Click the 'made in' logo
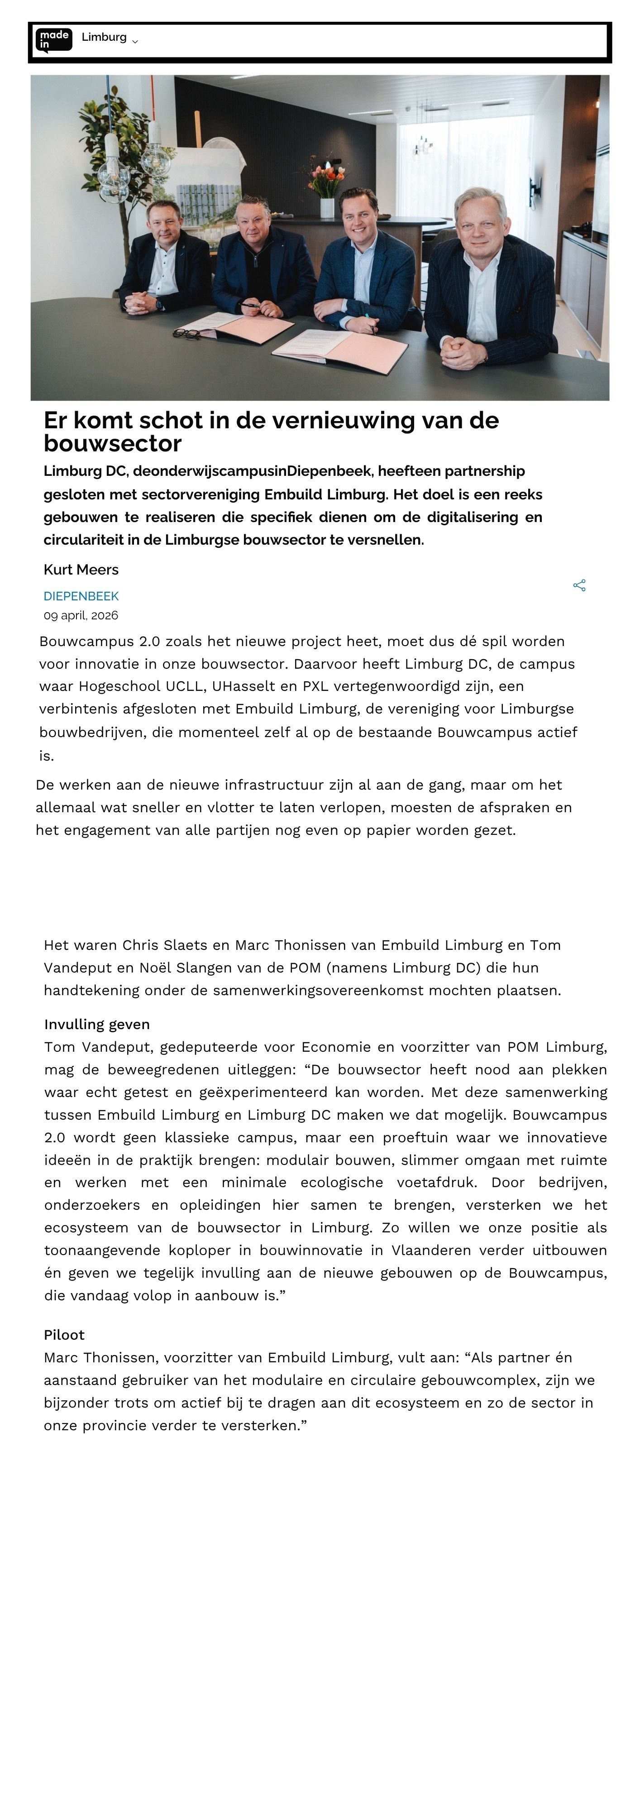[x=53, y=40]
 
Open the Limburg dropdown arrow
[x=135, y=42]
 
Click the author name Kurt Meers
[x=81, y=570]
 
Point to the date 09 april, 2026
[x=81, y=615]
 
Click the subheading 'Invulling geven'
[x=97, y=1024]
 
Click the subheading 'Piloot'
[x=64, y=1334]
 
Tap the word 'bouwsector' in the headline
[x=112, y=444]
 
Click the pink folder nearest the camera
[x=341, y=350]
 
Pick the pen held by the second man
[x=249, y=305]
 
